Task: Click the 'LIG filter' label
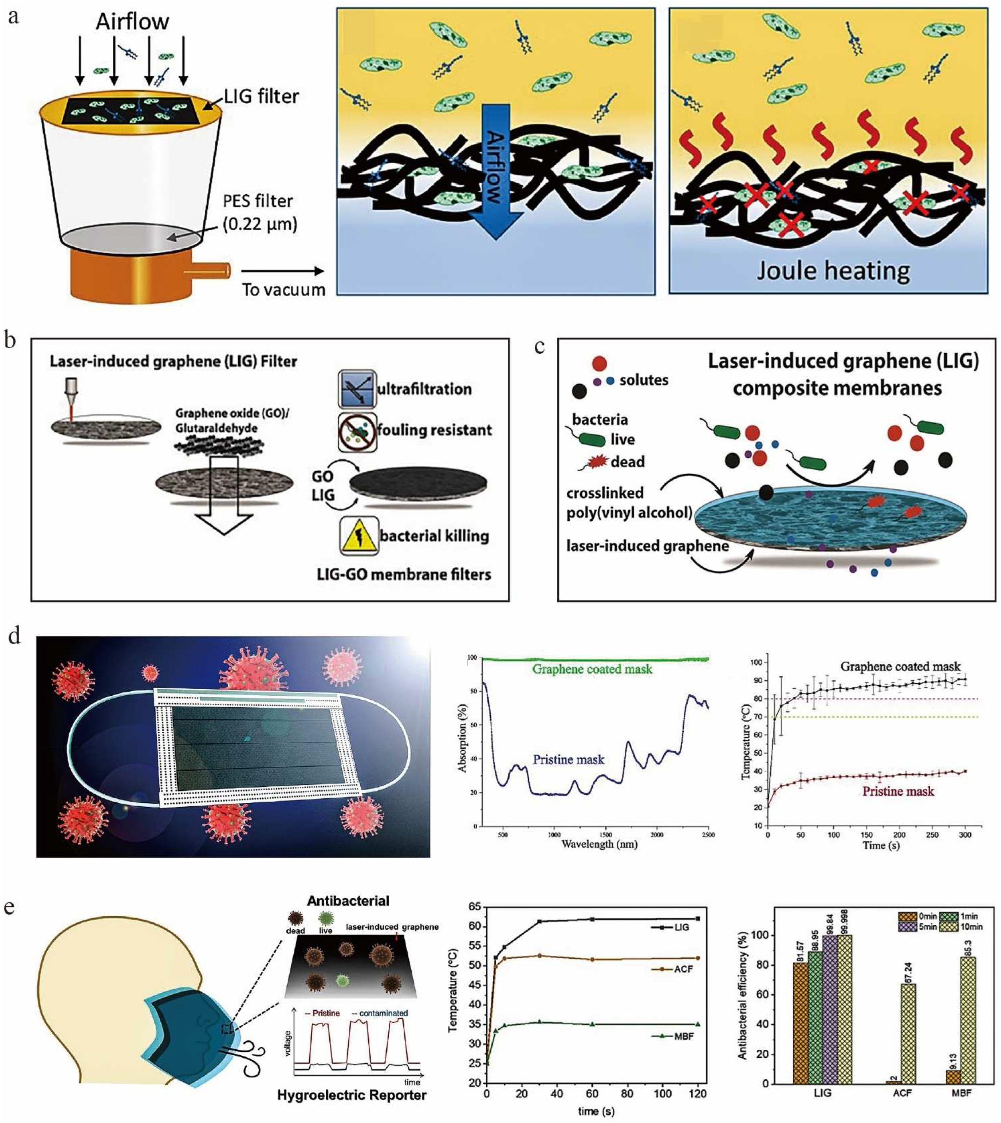[261, 97]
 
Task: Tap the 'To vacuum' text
[284, 289]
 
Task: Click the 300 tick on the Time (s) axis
[965, 834]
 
